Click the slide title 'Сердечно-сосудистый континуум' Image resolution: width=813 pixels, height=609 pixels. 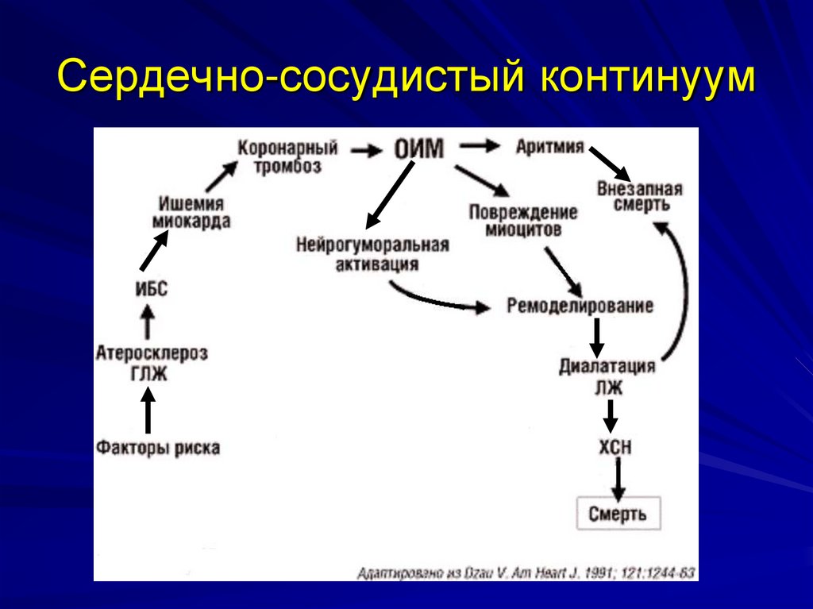[x=406, y=80]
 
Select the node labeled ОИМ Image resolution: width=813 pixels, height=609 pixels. [x=418, y=148]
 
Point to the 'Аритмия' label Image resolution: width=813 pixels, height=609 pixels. [x=550, y=147]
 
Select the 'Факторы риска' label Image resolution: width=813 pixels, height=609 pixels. [x=158, y=448]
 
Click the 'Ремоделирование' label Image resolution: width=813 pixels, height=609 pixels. [x=580, y=306]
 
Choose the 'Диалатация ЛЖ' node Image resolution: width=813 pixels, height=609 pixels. [x=607, y=376]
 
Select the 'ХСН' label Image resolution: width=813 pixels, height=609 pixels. [x=615, y=447]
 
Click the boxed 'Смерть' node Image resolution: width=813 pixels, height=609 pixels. [x=617, y=514]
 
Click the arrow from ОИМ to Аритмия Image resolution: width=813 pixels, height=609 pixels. [x=480, y=146]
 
